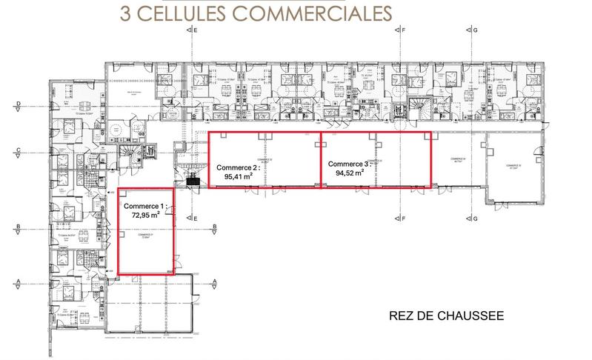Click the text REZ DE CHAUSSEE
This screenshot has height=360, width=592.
click(x=446, y=316)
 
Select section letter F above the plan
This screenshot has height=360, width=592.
click(x=405, y=32)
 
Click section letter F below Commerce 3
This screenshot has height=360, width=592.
click(x=405, y=219)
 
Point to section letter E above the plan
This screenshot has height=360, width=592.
click(x=196, y=32)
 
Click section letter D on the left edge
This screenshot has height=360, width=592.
click(x=17, y=104)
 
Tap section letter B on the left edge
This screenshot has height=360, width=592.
click(x=17, y=227)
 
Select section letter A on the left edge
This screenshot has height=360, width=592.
click(x=17, y=281)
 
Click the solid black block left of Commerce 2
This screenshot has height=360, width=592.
click(x=194, y=179)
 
